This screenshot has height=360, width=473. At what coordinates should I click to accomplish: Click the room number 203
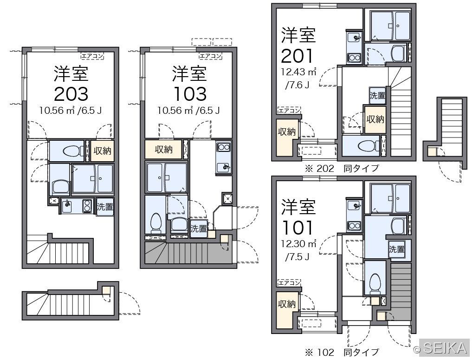[x=71, y=94]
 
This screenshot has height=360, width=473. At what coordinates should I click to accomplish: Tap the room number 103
[x=190, y=94]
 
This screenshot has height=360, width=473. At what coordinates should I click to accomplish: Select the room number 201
[x=297, y=56]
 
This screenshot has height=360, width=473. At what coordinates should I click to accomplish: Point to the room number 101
[x=297, y=228]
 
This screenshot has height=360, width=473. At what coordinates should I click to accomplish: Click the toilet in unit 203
[x=71, y=151]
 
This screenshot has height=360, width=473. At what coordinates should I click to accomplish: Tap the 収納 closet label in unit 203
[x=103, y=151]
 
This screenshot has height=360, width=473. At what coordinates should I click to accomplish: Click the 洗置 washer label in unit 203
[x=105, y=207]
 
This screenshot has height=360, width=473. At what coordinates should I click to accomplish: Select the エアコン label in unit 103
[x=211, y=56]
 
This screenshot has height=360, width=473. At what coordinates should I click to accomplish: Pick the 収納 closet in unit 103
[x=163, y=150]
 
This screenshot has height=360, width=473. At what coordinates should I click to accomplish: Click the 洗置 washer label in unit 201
[x=377, y=95]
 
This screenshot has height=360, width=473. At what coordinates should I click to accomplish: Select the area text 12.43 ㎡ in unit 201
[x=298, y=72]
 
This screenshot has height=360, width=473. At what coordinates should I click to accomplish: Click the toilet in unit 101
[x=375, y=284]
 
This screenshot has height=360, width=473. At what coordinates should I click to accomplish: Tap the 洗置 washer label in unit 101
[x=396, y=249]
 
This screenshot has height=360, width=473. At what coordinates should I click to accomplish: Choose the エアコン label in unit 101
[x=289, y=283]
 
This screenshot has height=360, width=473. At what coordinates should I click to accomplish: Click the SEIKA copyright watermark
[x=441, y=348]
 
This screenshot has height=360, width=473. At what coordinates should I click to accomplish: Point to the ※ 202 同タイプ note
[x=342, y=168]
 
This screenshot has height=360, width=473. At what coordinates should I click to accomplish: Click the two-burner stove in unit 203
[x=87, y=206]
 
